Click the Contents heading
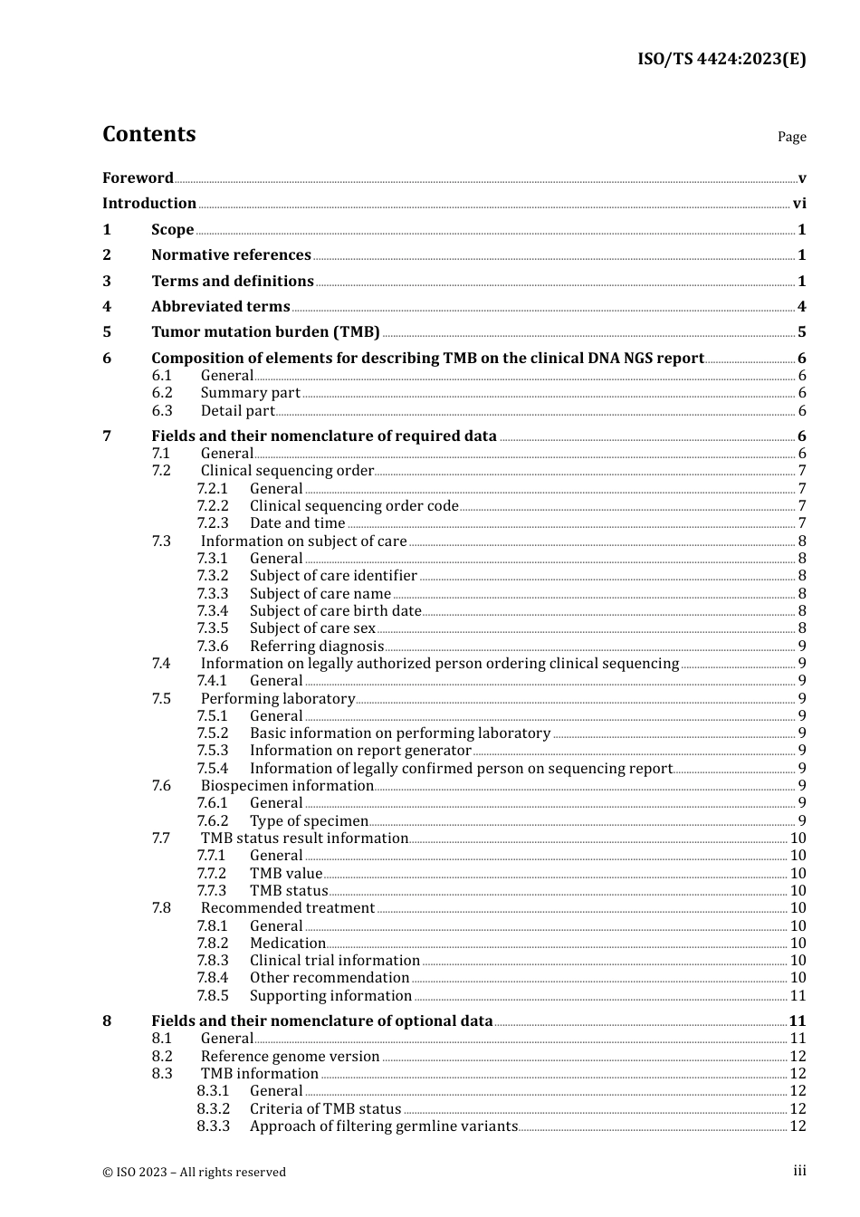click(x=148, y=134)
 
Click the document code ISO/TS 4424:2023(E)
click(x=721, y=59)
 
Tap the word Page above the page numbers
click(x=791, y=137)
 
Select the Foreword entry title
click(x=138, y=178)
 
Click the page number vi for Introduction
click(x=799, y=204)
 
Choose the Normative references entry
click(x=231, y=255)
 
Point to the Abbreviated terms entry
click(x=220, y=307)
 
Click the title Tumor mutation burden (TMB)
click(x=265, y=332)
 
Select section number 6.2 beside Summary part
click(x=162, y=393)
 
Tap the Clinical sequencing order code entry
click(x=354, y=506)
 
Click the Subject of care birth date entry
click(x=335, y=611)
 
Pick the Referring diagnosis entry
click(x=317, y=647)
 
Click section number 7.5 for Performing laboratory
click(x=161, y=699)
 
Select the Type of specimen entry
click(x=309, y=821)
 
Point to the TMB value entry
click(x=286, y=874)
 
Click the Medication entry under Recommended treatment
click(x=287, y=944)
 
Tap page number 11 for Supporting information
click(x=798, y=996)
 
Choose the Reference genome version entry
click(x=290, y=1057)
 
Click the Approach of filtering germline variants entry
click(x=384, y=1126)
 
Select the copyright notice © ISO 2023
click(x=194, y=1173)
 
